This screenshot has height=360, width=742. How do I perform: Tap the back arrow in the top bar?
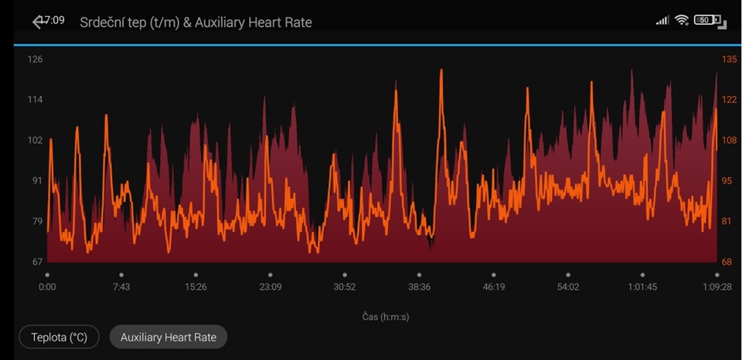click(38, 22)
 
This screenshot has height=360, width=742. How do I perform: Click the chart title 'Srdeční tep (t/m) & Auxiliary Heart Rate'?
click(196, 22)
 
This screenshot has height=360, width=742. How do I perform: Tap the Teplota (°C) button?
click(60, 337)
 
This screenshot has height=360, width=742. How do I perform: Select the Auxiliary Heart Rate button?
click(168, 337)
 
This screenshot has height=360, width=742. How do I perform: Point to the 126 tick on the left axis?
click(35, 59)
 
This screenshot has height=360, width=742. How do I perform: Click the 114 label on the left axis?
click(35, 100)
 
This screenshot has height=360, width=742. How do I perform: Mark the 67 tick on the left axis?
click(36, 262)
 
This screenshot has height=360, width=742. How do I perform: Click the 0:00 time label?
click(47, 287)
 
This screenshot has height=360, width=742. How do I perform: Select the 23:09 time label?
click(271, 287)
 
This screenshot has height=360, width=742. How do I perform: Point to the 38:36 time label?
click(419, 287)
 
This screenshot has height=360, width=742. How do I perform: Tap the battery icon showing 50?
click(706, 20)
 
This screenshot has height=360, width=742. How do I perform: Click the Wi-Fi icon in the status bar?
click(681, 20)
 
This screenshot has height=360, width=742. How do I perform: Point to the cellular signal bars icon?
click(662, 20)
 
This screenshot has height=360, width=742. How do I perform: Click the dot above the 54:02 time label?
click(568, 274)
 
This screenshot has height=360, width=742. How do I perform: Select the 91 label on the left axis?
click(35, 181)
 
